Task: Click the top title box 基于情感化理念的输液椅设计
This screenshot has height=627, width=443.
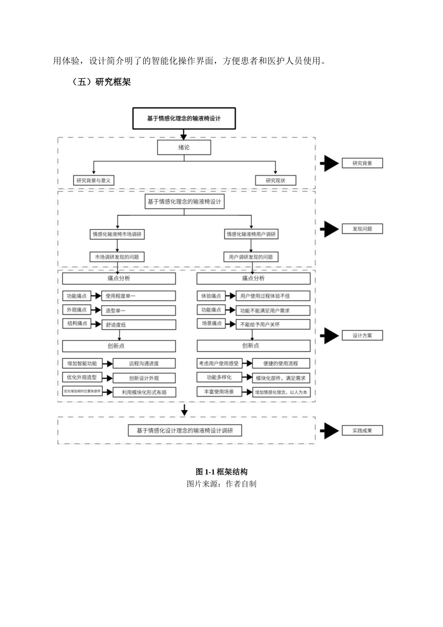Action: point(184,118)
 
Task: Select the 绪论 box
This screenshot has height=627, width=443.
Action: point(184,147)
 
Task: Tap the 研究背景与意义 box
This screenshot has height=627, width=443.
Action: point(94,181)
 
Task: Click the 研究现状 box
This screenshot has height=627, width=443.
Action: point(276,181)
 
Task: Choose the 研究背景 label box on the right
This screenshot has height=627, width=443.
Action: point(362,163)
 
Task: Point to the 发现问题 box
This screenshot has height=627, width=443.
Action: point(362,229)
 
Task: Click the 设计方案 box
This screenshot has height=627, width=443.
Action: point(362,335)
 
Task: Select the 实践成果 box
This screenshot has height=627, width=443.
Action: point(362,431)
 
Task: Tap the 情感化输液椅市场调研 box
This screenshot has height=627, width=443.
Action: point(117,234)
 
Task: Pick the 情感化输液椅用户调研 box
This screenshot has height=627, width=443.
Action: point(251,234)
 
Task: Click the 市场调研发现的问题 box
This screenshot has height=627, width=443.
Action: point(117,257)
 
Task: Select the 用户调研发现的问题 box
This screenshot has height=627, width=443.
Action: point(251,257)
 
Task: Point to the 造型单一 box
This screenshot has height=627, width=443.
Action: point(138,311)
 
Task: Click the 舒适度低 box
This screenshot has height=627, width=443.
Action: point(138,325)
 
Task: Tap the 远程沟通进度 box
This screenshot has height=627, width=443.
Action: point(144,363)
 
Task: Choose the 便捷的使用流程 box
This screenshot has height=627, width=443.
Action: point(281,363)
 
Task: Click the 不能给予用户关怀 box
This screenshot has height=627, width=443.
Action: point(273,324)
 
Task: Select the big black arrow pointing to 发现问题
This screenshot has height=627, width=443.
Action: point(330,229)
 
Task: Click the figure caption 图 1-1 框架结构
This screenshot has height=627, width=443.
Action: point(221,472)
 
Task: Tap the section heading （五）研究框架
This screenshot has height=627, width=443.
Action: point(101,82)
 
